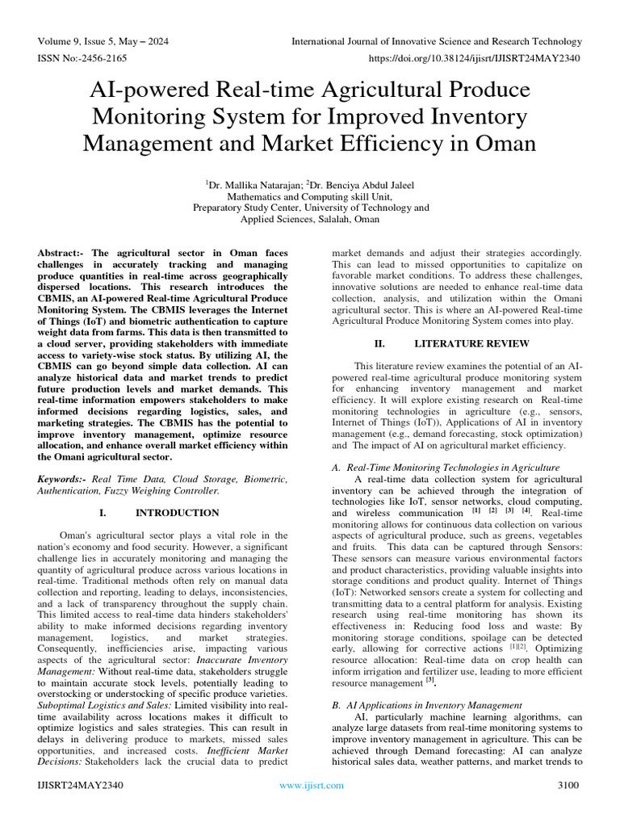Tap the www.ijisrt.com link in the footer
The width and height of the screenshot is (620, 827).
click(x=311, y=785)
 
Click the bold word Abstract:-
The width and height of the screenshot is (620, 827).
click(x=64, y=254)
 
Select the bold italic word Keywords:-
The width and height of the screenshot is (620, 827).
click(x=62, y=479)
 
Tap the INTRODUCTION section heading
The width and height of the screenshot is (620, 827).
click(x=177, y=513)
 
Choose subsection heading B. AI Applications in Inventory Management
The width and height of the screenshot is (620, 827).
click(x=427, y=705)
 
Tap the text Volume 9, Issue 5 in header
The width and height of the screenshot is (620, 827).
click(x=76, y=41)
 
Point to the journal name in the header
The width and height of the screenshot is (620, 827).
click(x=436, y=41)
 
